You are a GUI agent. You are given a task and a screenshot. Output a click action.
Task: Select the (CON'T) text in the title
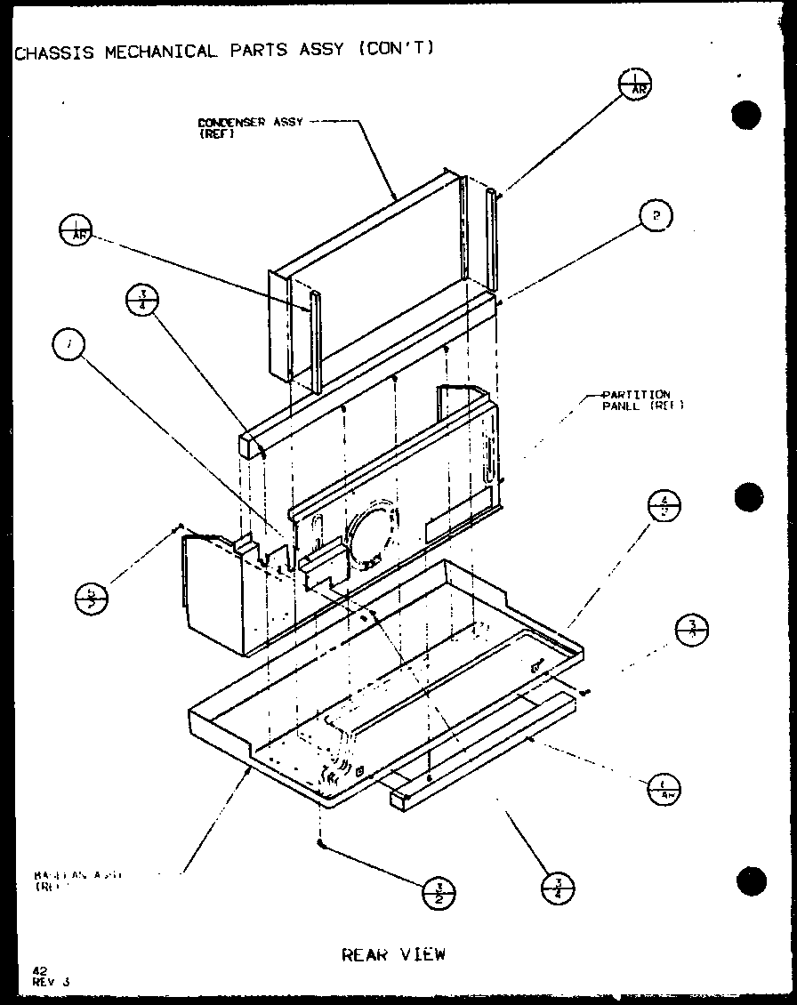coord(398,49)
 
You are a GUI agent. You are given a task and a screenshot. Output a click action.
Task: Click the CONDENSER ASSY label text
coord(248,122)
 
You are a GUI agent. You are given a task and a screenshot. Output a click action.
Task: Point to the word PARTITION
coord(636,394)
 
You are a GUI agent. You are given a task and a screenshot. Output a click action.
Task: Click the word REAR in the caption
coord(364,954)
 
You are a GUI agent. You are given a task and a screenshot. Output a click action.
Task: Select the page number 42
coord(39,971)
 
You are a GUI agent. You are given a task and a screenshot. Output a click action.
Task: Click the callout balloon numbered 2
coord(656,215)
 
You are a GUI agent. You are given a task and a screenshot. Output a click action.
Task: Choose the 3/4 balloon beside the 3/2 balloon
coord(558,887)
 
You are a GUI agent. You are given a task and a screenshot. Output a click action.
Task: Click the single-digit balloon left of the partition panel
coord(68,344)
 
